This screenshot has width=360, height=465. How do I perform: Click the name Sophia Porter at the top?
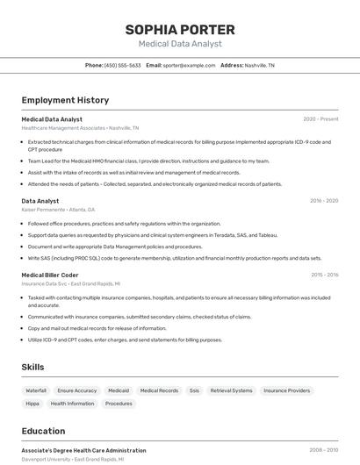180,29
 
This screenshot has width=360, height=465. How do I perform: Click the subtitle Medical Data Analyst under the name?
180,44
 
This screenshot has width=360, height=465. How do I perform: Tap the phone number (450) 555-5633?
122,65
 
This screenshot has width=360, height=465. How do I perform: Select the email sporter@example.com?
189,65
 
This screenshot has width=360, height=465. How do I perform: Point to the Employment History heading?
65,100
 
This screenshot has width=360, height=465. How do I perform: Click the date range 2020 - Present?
320,119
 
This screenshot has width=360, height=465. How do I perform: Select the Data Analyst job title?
40,201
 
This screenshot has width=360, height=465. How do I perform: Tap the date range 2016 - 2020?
323,201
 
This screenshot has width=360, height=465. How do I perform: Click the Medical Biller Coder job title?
50,275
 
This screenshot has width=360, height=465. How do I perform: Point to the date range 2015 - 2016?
324,275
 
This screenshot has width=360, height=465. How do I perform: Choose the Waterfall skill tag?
36,390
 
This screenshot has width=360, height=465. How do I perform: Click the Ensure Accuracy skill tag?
77,390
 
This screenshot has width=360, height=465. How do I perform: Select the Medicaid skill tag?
119,390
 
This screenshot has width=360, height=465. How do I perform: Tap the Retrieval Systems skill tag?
231,390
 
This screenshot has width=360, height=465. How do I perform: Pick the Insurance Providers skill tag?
286,390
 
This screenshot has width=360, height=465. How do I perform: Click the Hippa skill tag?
32,404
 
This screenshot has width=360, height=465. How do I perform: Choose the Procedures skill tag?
119,404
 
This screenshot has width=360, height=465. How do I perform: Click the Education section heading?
43,431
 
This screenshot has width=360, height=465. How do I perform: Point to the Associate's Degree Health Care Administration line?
83,450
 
